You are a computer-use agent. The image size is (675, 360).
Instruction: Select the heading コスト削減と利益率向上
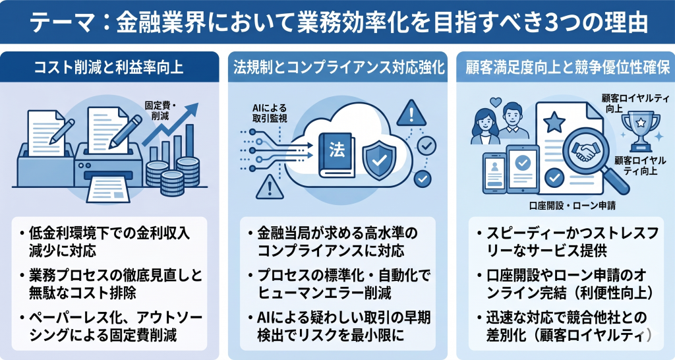pyautogui.click(x=112, y=67)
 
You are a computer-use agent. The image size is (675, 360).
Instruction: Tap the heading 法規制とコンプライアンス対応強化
pyautogui.click(x=337, y=67)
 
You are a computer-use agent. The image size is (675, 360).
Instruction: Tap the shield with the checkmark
pyautogui.click(x=379, y=156)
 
